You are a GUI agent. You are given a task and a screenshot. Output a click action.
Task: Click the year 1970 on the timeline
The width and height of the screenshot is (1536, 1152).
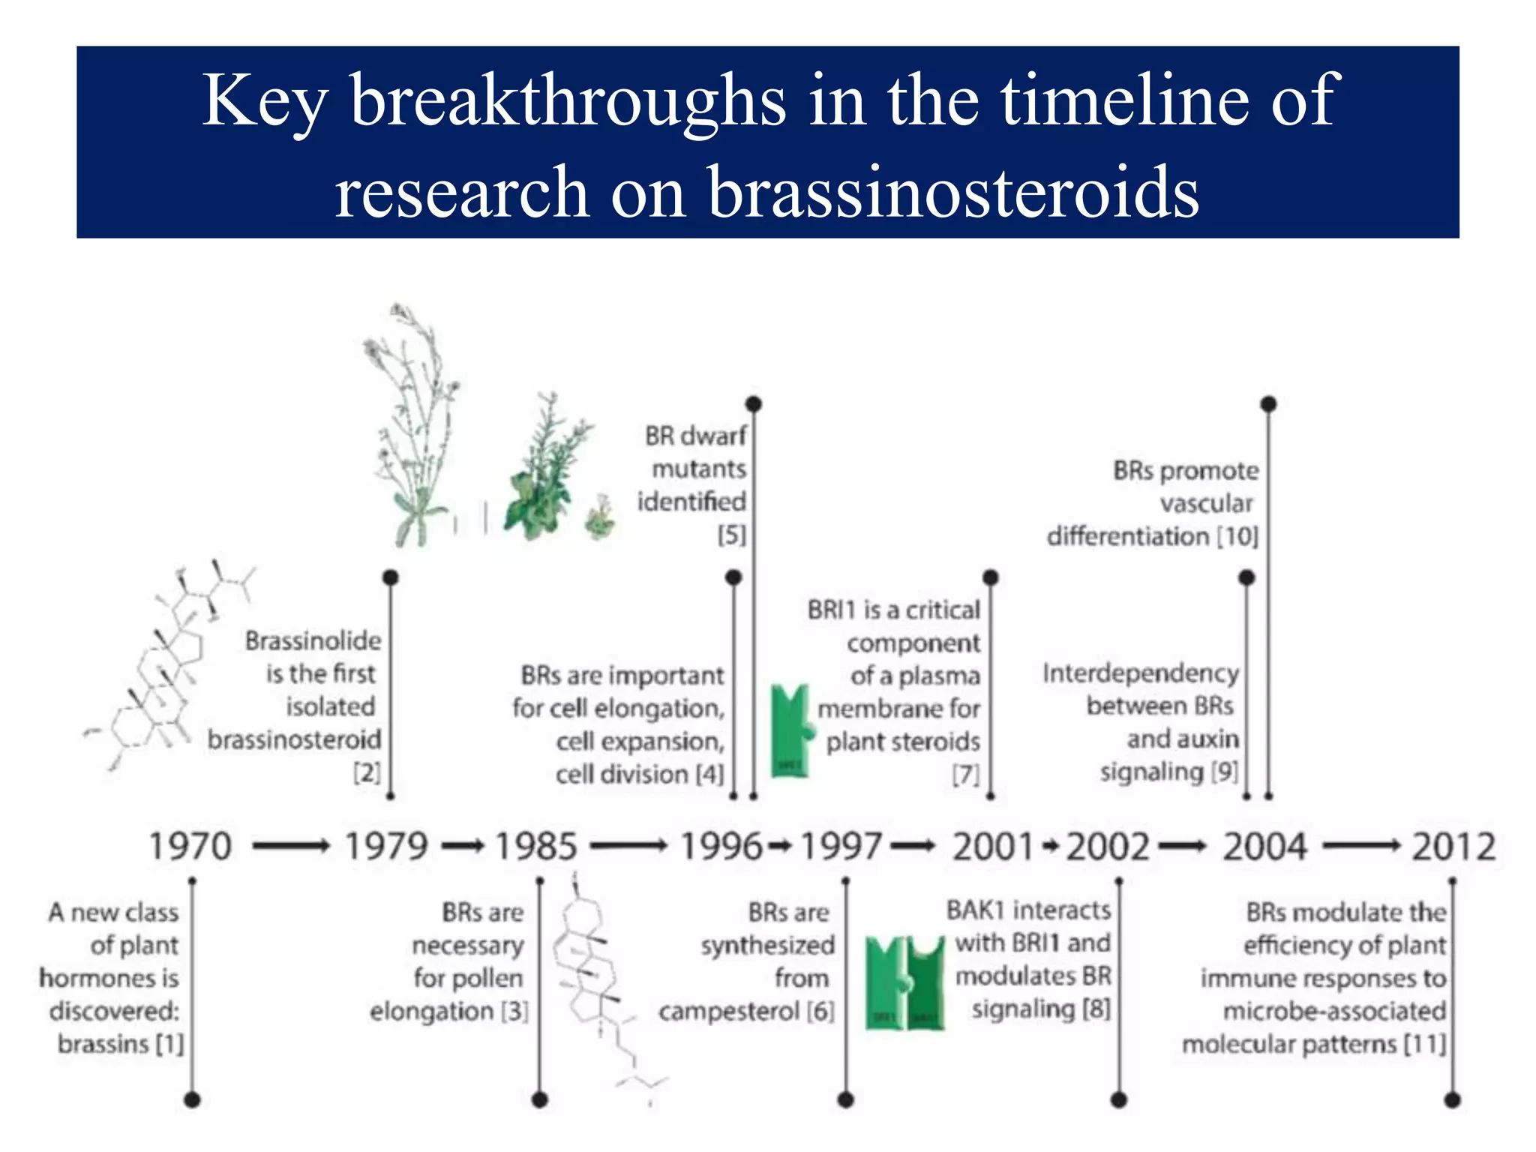(x=190, y=846)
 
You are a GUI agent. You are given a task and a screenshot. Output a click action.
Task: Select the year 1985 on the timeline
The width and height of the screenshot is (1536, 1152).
(x=536, y=846)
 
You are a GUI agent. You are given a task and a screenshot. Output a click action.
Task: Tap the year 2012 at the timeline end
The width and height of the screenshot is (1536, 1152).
(x=1453, y=846)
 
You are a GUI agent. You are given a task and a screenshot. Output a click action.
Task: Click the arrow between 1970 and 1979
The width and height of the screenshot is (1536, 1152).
(x=291, y=847)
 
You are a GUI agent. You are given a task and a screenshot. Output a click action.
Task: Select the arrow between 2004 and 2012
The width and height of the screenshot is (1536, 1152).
(x=1361, y=847)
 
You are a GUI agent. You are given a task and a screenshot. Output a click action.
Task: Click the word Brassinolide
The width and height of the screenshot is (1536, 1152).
(x=313, y=640)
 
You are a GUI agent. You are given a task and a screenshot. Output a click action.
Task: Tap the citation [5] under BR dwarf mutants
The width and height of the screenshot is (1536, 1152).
(x=731, y=535)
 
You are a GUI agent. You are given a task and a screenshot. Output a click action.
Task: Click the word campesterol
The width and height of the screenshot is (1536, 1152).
(x=729, y=1011)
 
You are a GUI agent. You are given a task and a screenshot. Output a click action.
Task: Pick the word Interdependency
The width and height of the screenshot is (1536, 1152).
(x=1140, y=673)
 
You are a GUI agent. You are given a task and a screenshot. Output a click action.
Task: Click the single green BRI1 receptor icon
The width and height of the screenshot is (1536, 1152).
(x=792, y=730)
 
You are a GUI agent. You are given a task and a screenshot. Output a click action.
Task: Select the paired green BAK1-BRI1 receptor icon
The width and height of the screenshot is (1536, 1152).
(x=904, y=982)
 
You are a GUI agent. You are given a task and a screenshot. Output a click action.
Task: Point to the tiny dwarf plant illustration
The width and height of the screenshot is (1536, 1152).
(x=599, y=517)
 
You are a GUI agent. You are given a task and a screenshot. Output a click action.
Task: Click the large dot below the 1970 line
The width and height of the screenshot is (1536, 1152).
(x=193, y=1099)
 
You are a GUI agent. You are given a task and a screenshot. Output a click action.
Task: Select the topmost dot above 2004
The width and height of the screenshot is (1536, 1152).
(x=1268, y=404)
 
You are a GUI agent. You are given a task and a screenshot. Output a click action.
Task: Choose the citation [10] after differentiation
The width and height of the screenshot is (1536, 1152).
(x=1237, y=536)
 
